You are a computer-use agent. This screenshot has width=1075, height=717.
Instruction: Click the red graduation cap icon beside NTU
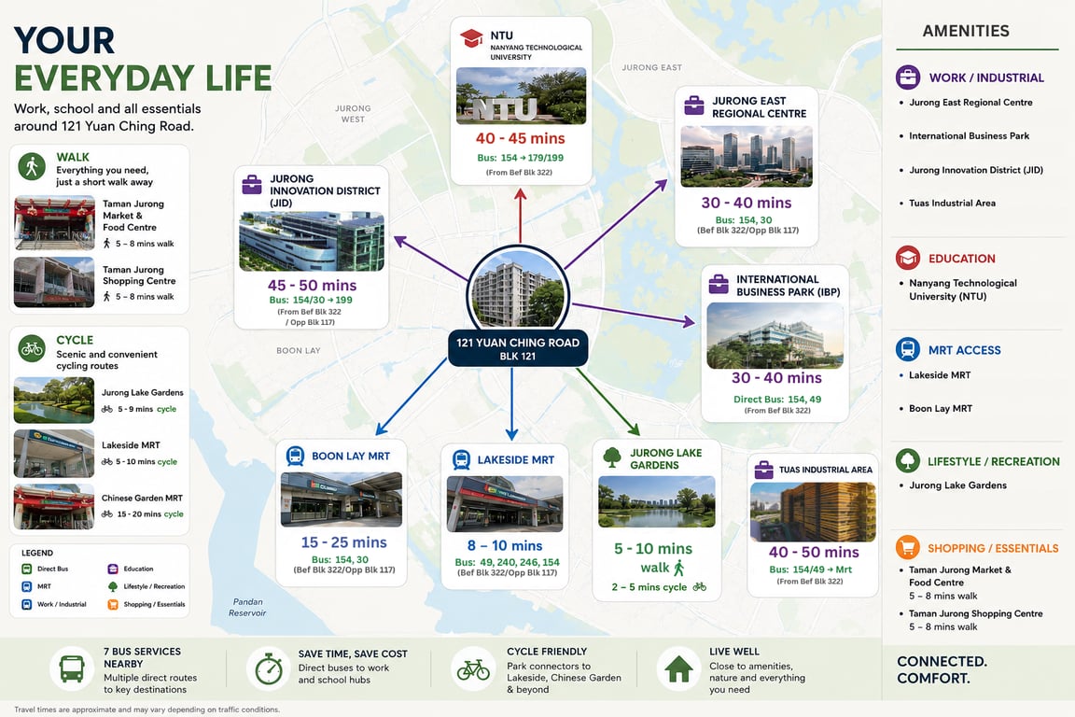tap(471, 38)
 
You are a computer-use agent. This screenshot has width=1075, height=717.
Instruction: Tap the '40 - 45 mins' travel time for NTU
tap(521, 138)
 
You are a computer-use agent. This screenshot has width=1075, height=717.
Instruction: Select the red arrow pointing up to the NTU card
tap(521, 216)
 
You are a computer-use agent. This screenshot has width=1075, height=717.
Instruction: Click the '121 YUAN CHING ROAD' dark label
tap(518, 343)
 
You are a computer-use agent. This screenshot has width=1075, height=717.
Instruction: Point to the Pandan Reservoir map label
tap(246, 607)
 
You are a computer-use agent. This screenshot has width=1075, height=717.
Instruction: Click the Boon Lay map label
tap(299, 351)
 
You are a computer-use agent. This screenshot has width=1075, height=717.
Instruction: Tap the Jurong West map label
tap(353, 114)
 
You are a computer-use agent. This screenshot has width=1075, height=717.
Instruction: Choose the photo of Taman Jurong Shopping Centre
tap(54, 282)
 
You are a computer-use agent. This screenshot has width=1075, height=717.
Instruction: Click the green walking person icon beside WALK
tap(32, 167)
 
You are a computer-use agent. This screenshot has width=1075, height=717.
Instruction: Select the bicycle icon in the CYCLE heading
tap(32, 349)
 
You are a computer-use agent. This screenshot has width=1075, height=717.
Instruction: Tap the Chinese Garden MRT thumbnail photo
tap(54, 507)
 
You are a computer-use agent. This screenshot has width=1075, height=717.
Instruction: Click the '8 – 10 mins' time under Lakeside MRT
tap(505, 545)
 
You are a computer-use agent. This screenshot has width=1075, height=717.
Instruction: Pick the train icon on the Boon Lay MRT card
tap(296, 457)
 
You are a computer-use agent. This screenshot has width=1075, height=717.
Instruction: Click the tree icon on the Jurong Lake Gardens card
tap(611, 457)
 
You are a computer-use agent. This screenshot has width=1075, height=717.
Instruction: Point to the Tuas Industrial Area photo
tap(813, 512)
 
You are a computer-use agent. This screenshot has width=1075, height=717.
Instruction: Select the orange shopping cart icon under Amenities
tap(908, 547)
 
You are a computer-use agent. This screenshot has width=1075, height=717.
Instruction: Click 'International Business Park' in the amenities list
tap(969, 136)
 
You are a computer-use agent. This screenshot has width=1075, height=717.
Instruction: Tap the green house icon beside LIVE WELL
tap(678, 668)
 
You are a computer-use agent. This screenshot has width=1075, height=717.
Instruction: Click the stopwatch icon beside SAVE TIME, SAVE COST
tap(269, 668)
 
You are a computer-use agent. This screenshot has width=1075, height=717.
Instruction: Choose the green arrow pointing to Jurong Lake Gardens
tap(607, 402)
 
